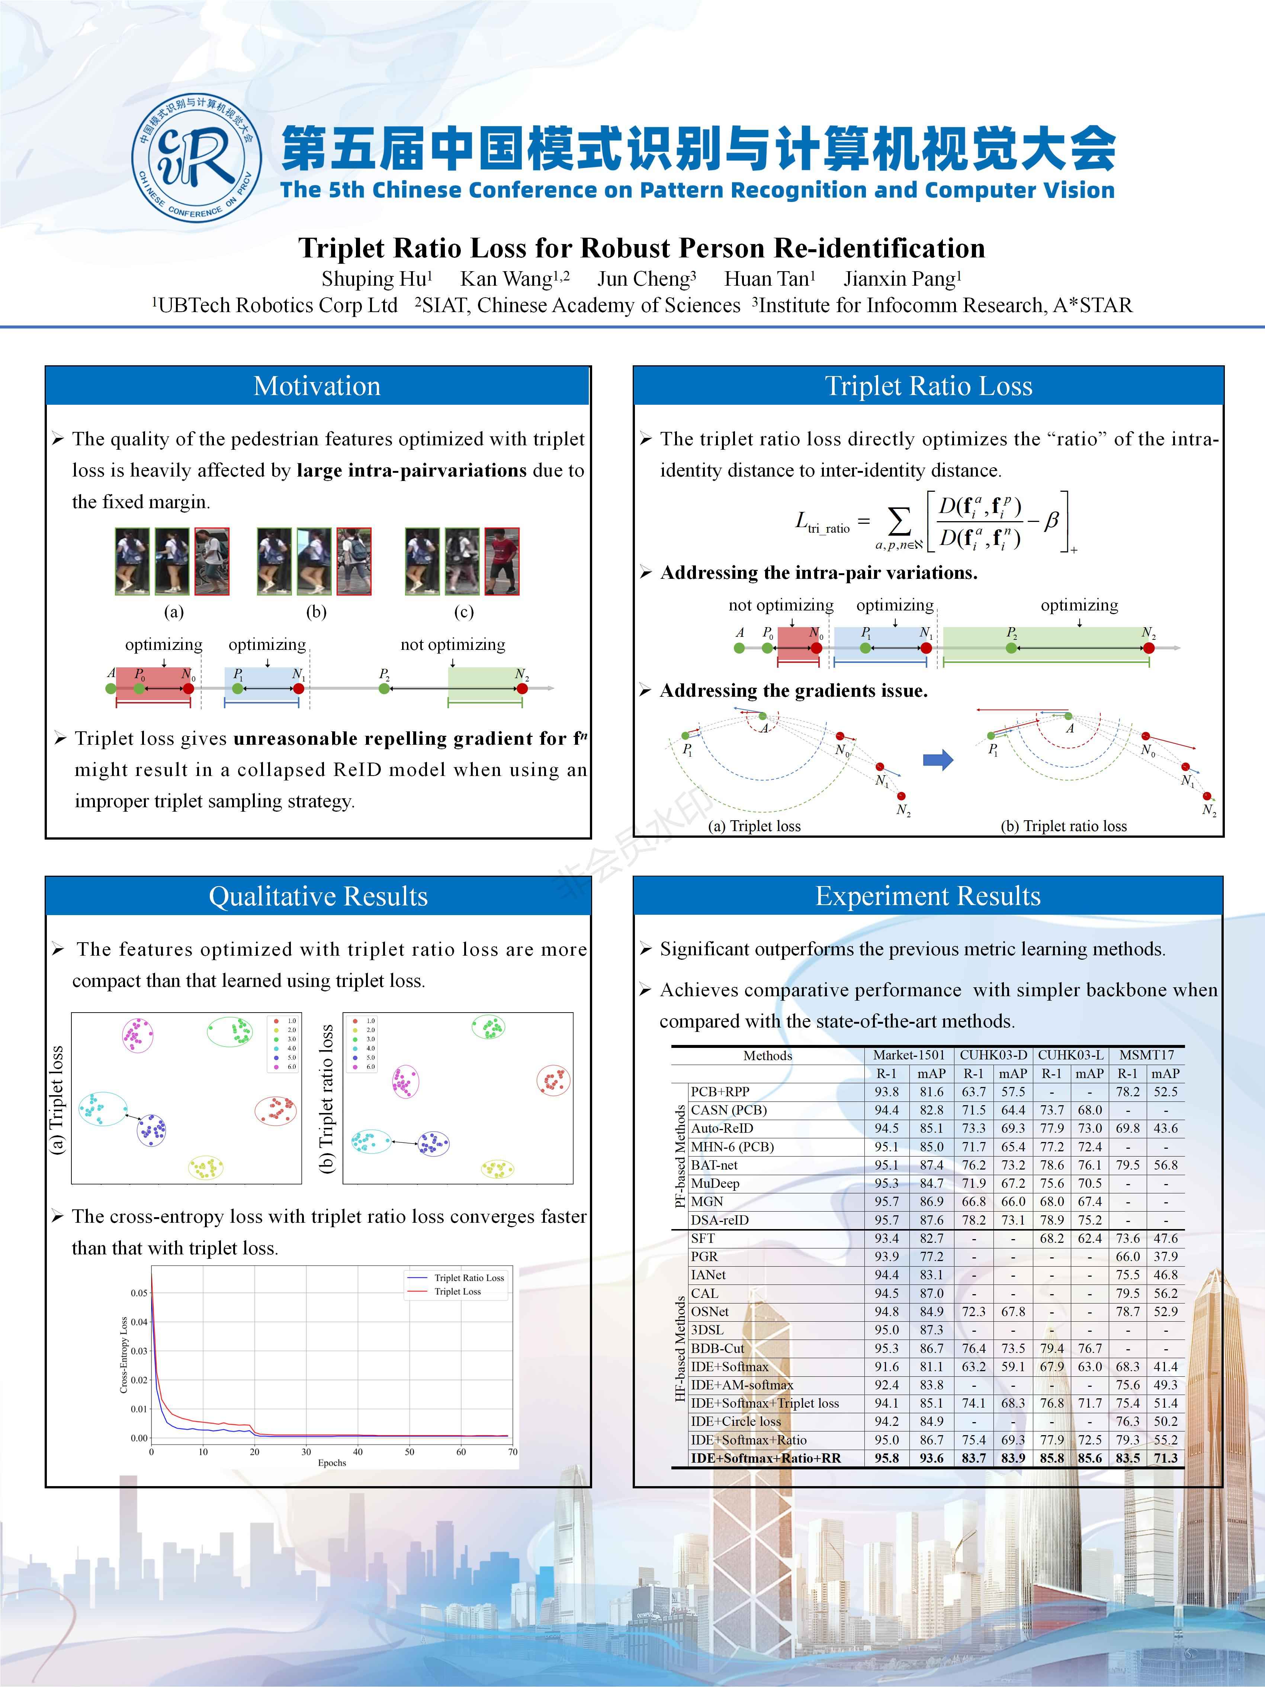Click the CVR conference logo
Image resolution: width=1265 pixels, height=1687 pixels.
197,158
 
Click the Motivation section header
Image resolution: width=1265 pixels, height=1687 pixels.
317,386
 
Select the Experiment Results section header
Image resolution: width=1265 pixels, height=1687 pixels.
928,896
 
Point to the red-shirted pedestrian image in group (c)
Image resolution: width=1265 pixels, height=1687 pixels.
502,561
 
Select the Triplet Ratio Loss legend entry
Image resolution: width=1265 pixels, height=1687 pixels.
468,1277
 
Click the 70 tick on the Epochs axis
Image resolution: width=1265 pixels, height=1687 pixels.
513,1451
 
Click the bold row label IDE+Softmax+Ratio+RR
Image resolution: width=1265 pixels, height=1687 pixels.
765,1458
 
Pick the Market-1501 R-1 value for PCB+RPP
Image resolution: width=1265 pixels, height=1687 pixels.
886,1091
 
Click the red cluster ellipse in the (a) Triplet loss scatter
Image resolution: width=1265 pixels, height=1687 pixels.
275,1110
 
